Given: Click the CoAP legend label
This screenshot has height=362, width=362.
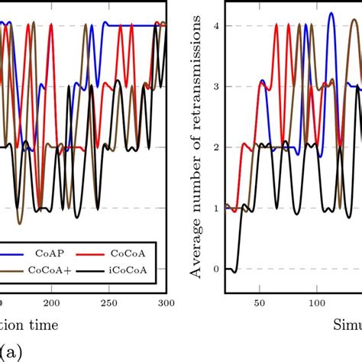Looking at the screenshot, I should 49,252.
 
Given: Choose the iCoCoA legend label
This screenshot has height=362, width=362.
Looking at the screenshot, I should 131,270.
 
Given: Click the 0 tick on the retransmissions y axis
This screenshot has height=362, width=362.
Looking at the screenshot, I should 216,269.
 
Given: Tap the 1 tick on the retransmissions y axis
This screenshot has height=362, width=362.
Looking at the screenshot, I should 216,208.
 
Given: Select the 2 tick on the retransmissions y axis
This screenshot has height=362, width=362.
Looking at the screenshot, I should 216,147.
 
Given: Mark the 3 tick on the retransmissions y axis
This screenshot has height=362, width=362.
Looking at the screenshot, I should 216,86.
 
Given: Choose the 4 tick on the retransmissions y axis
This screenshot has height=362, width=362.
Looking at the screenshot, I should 216,26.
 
